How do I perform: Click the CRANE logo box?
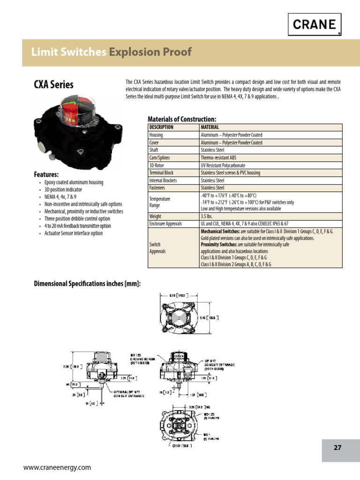[314, 24]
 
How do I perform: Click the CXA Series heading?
[53, 85]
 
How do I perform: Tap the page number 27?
[337, 447]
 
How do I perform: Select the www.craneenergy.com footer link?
[57, 467]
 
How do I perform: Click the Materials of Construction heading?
[182, 119]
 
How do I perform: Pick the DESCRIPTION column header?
[161, 127]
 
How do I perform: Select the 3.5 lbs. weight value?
[209, 216]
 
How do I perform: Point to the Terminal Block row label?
[161, 173]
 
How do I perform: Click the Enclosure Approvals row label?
[165, 224]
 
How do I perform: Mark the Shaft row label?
[154, 150]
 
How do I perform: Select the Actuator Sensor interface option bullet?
[73, 233]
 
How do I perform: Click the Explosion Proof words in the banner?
[150, 52]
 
